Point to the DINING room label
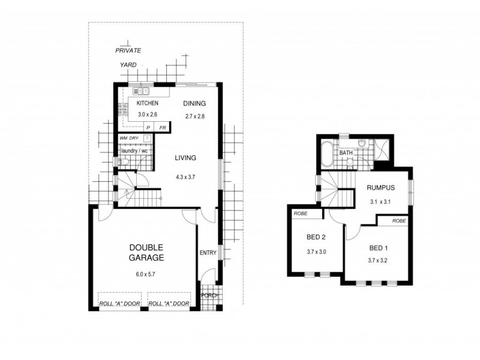click(194, 103)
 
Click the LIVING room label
click(185, 158)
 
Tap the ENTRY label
click(208, 253)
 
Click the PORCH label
click(209, 295)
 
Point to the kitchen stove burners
click(122, 109)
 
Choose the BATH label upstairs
click(346, 153)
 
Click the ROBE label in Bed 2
click(300, 213)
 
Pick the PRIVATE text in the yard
click(128, 52)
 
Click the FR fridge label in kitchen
click(162, 128)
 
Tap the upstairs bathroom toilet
click(362, 143)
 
